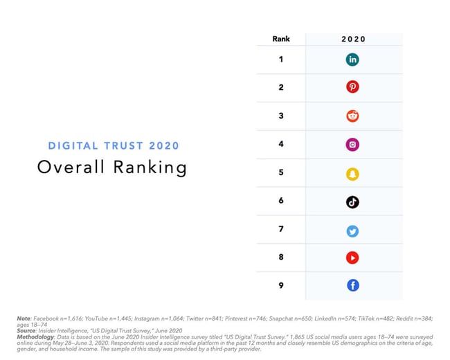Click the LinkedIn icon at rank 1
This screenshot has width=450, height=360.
pyautogui.click(x=352, y=60)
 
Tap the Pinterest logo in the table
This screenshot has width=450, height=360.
pyautogui.click(x=352, y=88)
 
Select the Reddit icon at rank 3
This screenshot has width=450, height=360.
pyautogui.click(x=352, y=116)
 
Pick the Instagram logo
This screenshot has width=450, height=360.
pyautogui.click(x=352, y=145)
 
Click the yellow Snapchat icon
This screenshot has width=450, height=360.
pyautogui.click(x=352, y=173)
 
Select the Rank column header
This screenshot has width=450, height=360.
pyautogui.click(x=281, y=39)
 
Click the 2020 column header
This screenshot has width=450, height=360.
pyautogui.click(x=353, y=39)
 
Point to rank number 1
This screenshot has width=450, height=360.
pyautogui.click(x=281, y=60)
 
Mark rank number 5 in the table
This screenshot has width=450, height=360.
pyautogui.click(x=281, y=172)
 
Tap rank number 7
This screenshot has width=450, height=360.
pyautogui.click(x=281, y=229)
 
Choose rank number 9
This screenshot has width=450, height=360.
pyautogui.click(x=281, y=285)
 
